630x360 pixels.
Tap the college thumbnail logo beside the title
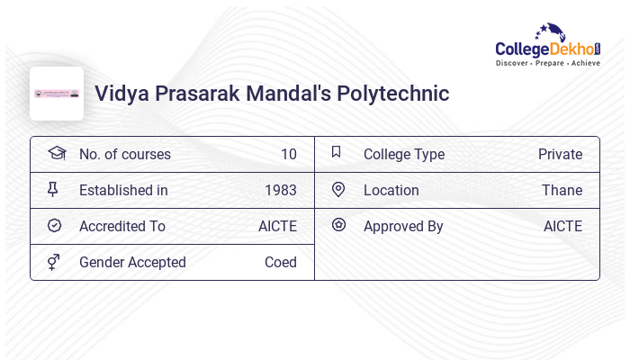coord(57,94)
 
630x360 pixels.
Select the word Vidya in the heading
coord(123,94)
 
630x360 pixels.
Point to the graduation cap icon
coord(57,153)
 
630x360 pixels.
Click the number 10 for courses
coord(288,154)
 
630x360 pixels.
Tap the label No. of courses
coord(125,154)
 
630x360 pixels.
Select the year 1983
coord(281,190)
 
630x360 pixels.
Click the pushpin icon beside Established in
coord(53,189)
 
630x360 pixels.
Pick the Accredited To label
coord(122,226)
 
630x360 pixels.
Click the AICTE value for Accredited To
coord(277,226)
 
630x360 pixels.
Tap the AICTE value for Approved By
coord(562,226)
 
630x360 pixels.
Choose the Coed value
coord(281,262)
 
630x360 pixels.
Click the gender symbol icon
coord(54,262)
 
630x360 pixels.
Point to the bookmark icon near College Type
coord(336,152)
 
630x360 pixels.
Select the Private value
coord(560,154)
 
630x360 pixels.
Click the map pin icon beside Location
coord(338,189)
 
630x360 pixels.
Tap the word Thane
coord(562,190)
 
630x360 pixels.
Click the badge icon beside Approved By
coord(338,225)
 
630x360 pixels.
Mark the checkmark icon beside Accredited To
coord(54,225)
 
